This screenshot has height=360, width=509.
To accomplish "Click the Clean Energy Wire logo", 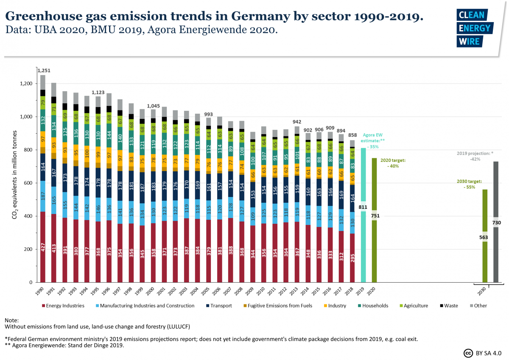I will tap(474, 28).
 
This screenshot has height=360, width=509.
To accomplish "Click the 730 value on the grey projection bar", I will tap(496, 223).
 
